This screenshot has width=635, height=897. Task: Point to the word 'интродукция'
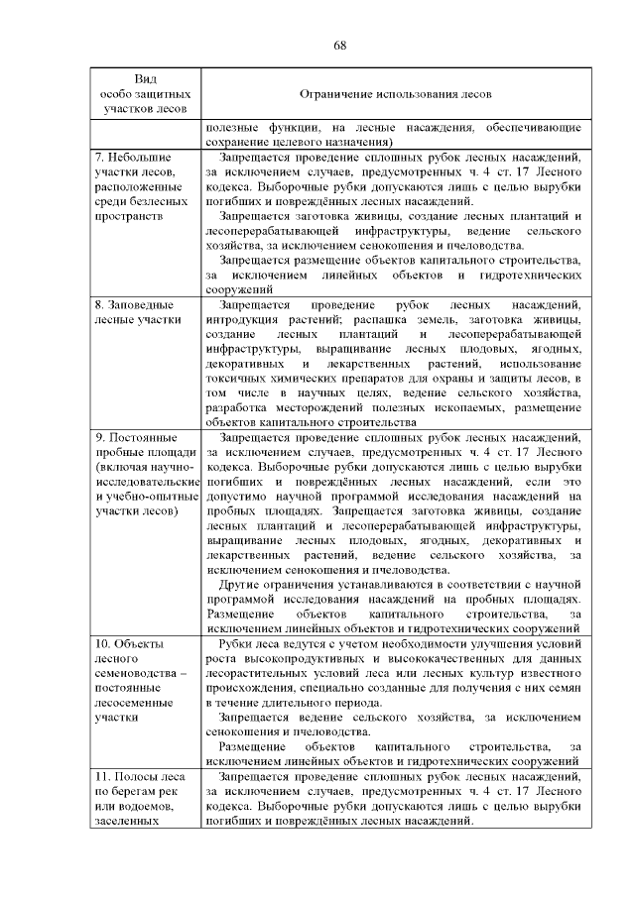point(242,321)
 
